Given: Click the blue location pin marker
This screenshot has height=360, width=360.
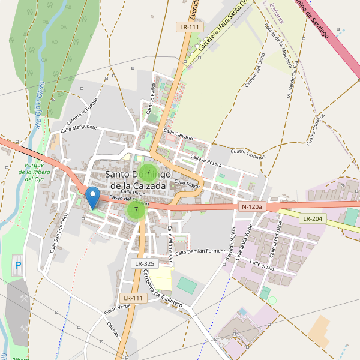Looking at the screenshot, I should [x=92, y=196].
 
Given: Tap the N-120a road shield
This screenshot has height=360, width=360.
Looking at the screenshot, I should [x=252, y=207].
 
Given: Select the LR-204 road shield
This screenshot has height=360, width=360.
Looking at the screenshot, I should [x=313, y=219].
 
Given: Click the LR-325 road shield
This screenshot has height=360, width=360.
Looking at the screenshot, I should [x=144, y=263].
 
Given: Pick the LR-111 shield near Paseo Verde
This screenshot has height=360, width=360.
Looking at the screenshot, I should [x=133, y=298].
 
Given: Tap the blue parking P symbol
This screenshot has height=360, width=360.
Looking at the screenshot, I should [x=17, y=265].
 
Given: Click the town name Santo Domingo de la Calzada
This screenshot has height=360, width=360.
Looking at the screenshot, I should [x=141, y=179].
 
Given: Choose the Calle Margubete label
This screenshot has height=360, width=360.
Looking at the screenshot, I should [x=79, y=127].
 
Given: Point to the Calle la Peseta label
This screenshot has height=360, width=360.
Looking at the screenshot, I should [x=206, y=160].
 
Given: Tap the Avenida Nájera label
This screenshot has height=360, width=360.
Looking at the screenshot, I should [x=229, y=247].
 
